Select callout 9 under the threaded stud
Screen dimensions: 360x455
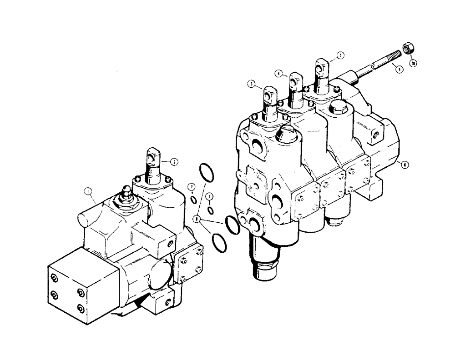(399, 70)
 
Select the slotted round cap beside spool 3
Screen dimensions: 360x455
(287, 133)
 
